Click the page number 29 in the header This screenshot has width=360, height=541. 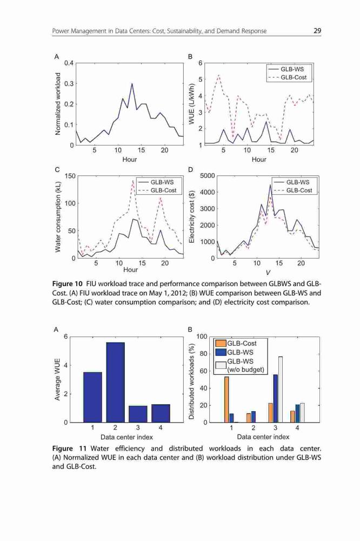click(317, 31)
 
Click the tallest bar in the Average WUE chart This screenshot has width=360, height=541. click(115, 382)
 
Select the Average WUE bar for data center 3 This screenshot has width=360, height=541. click(138, 414)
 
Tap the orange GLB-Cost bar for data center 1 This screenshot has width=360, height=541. click(226, 400)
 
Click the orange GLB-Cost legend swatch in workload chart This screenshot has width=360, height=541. click(221, 344)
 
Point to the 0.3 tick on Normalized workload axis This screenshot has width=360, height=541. click(70, 83)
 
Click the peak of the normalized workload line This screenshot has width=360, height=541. click(132, 83)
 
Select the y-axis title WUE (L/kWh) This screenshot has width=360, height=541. click(192, 104)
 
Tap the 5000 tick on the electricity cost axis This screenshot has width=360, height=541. click(208, 176)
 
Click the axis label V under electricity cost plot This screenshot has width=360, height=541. click(268, 273)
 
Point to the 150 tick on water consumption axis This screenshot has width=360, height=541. click(70, 176)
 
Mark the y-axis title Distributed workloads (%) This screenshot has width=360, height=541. click(192, 380)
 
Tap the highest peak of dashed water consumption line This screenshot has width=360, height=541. click(133, 181)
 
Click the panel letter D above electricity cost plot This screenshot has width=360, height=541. click(190, 169)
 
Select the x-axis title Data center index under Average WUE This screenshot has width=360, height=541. click(126, 437)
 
